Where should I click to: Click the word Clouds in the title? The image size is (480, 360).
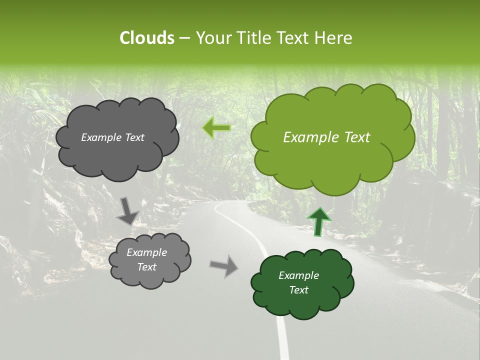pos(146,37)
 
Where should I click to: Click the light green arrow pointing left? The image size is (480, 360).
pos(216,128)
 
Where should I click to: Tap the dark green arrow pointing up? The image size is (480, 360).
pos(318,222)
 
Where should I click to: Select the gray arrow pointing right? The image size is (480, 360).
pos(223,265)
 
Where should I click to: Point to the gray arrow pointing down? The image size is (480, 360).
pos(127,210)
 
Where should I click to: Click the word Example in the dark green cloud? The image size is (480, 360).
pos(298,275)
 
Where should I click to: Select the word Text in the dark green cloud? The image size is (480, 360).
pos(298,290)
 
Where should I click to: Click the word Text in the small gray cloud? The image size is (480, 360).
pos(146,267)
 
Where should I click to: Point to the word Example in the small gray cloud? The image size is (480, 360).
pos(146,252)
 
